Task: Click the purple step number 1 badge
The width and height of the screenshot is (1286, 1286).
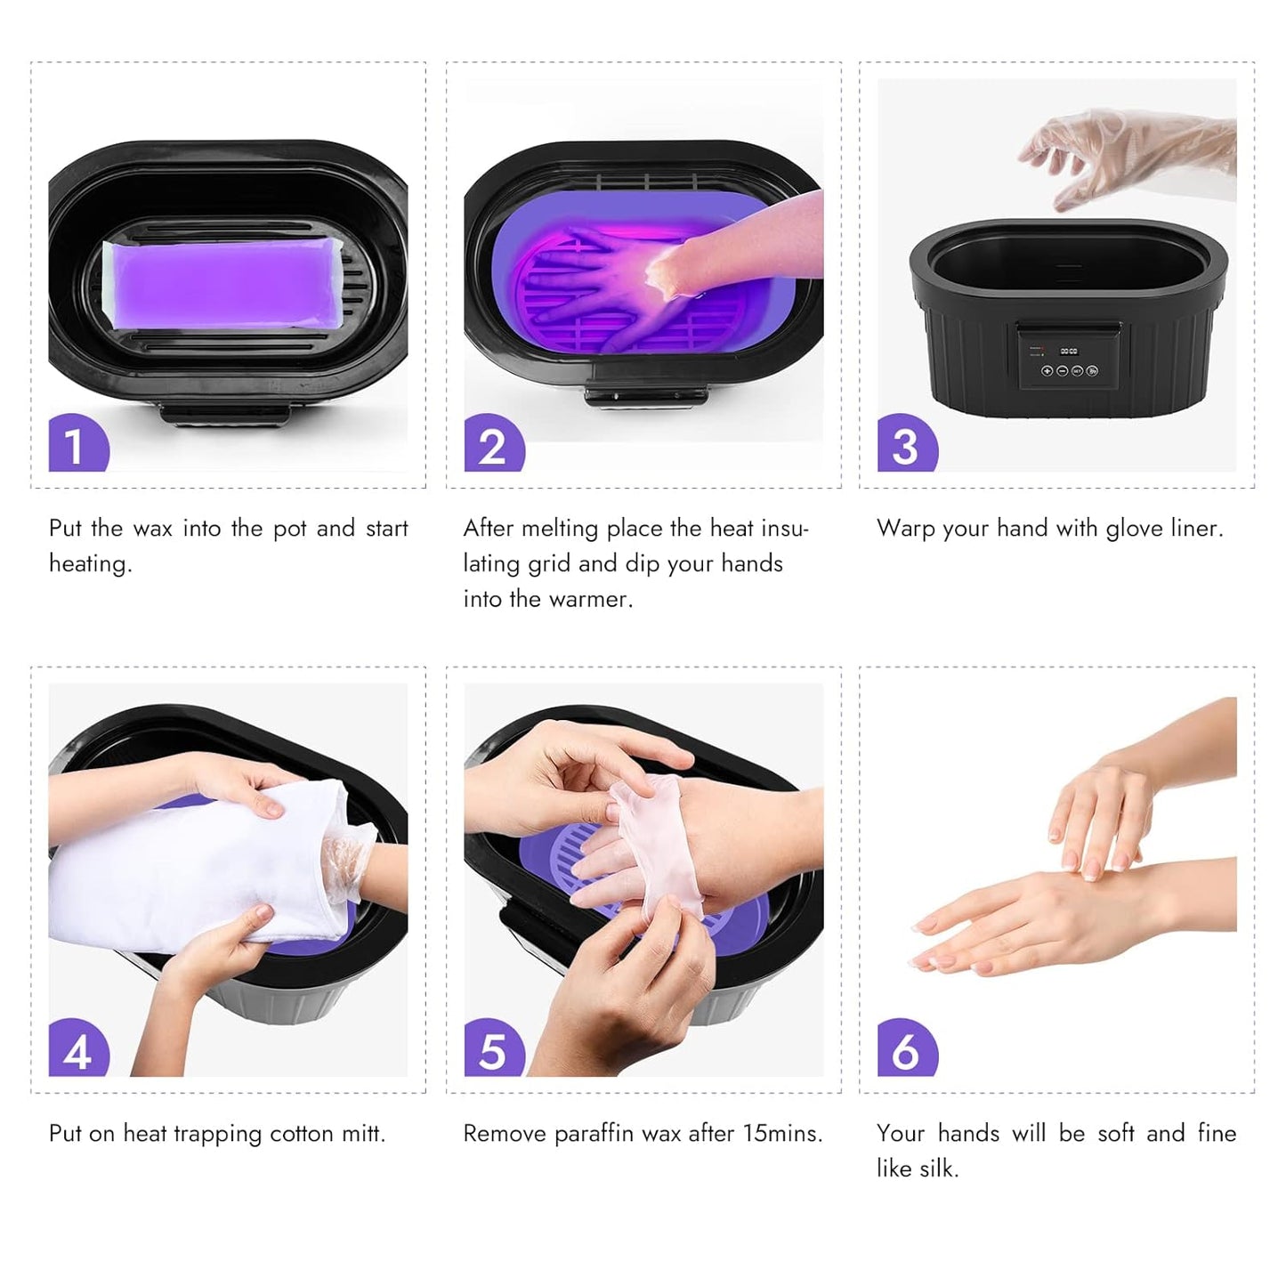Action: (77, 443)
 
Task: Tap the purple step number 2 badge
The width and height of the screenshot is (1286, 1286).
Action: (493, 443)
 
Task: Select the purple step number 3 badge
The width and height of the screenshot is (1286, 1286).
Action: (906, 443)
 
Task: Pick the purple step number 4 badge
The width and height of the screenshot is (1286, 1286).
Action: (77, 1048)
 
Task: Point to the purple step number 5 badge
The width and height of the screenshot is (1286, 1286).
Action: (493, 1048)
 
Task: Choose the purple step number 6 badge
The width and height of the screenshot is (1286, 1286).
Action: (906, 1048)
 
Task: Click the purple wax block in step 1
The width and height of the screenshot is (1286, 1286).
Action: (222, 283)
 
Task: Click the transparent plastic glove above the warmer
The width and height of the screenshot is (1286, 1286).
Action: (1126, 156)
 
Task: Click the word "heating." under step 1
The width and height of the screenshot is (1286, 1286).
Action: (90, 564)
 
